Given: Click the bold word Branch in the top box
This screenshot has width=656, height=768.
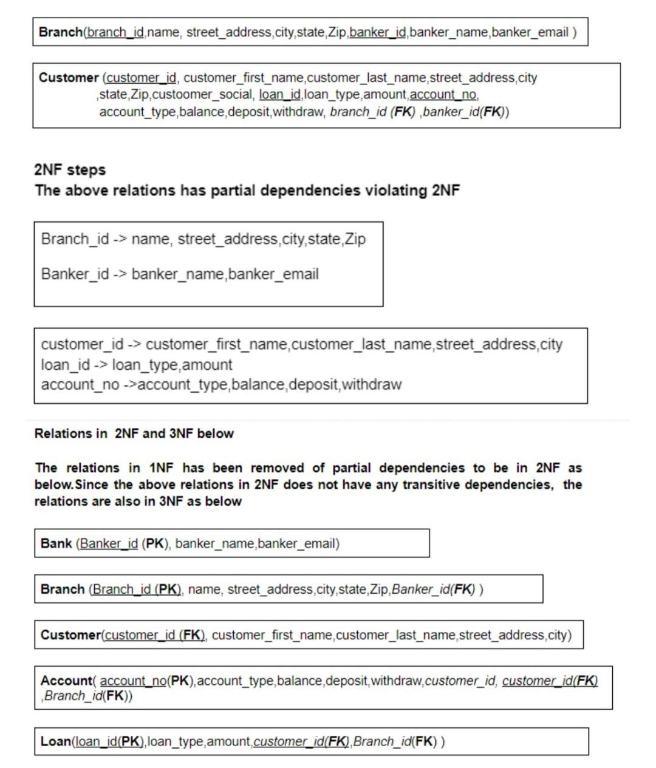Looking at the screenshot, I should tap(60, 32).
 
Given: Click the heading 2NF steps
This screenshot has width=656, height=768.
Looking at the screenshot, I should tap(70, 170).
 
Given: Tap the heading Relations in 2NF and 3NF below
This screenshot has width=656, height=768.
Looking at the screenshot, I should tap(134, 433).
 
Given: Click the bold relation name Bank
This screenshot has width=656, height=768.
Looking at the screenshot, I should tap(56, 543).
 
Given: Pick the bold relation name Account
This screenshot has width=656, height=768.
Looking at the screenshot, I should tap(66, 681).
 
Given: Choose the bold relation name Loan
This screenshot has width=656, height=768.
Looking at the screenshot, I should tap(55, 741).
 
